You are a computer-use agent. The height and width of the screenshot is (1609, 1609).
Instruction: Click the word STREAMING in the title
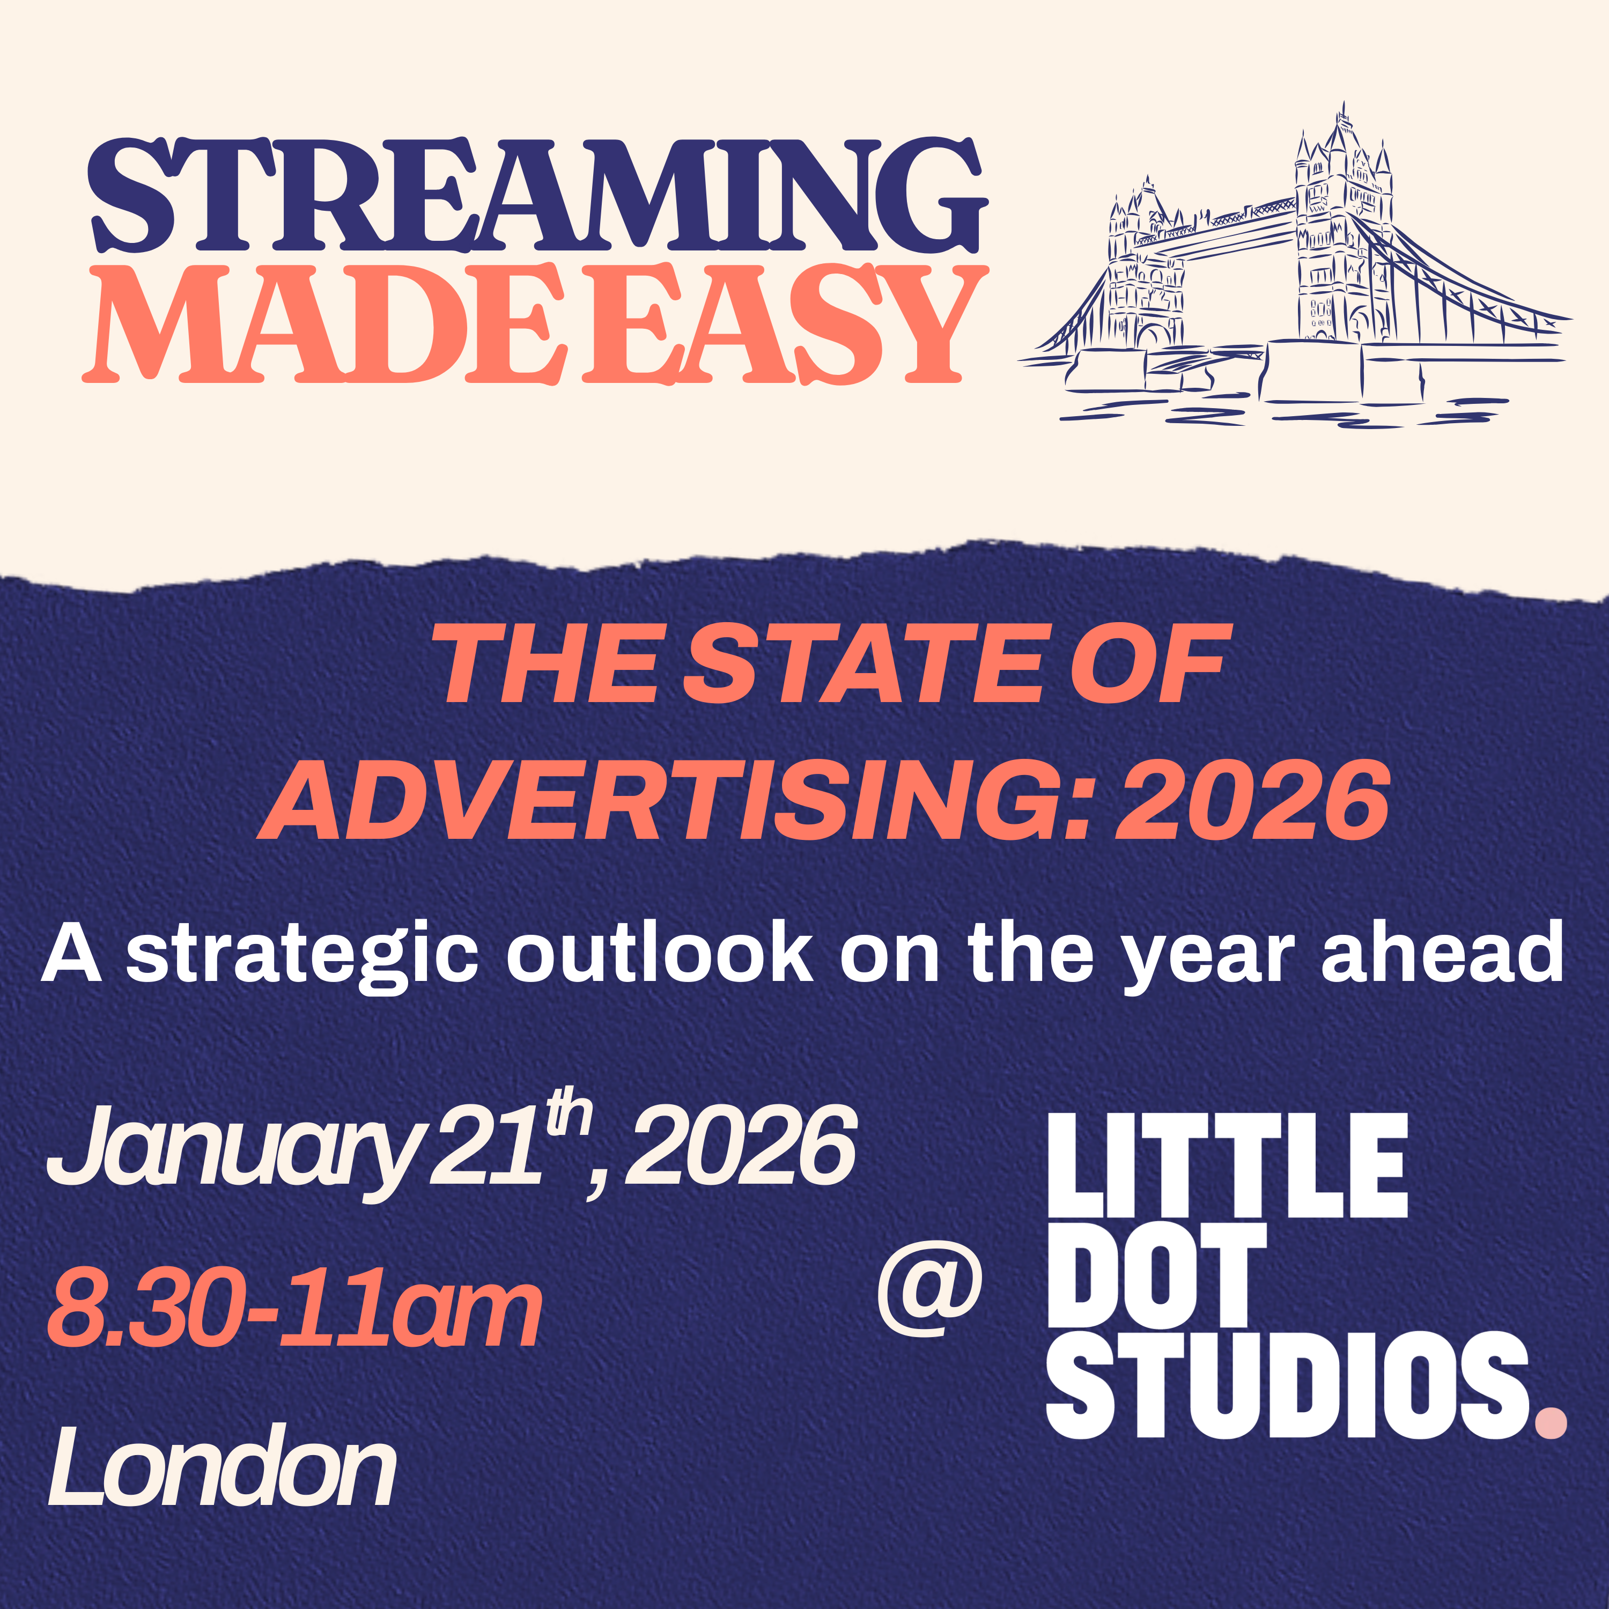pyautogui.click(x=538, y=194)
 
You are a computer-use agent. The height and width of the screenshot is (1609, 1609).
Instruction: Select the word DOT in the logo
pyautogui.click(x=1157, y=1287)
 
